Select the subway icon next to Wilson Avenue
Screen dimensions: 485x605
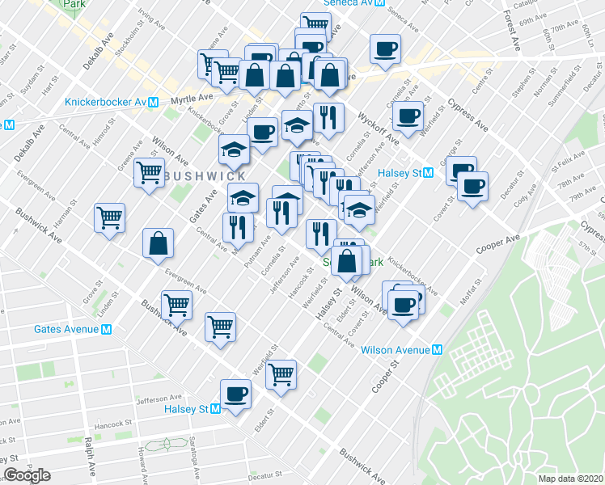pyautogui.click(x=438, y=350)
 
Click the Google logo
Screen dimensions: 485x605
pyautogui.click(x=27, y=475)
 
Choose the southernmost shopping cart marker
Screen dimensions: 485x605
pyautogui.click(x=281, y=373)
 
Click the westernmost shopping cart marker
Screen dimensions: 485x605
pyautogui.click(x=109, y=217)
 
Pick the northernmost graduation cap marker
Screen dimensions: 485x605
pyautogui.click(x=297, y=124)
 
